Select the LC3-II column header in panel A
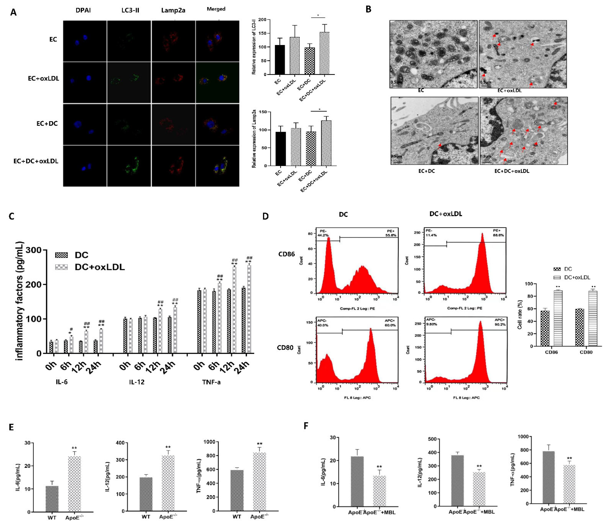(x=130, y=11)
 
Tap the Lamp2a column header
(x=173, y=11)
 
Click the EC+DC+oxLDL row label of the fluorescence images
(x=36, y=161)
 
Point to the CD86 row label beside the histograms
(x=286, y=254)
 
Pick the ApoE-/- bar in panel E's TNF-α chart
(x=260, y=487)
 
